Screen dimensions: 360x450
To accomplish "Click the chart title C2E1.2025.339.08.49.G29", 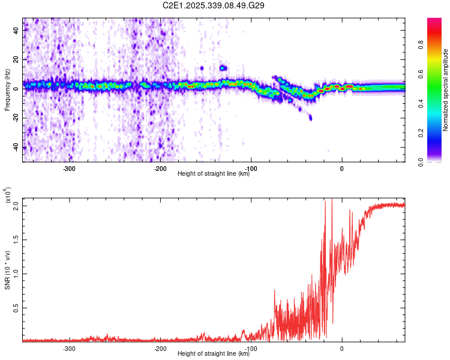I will pyautogui.click(x=214, y=5).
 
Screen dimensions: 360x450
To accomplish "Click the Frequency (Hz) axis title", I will pyautogui.click(x=7, y=90).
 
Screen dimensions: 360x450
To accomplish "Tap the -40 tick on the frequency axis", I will pyautogui.click(x=16, y=148).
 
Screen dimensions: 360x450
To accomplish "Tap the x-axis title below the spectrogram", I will pyautogui.click(x=214, y=174).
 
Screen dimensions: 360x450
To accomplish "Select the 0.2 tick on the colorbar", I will pyautogui.click(x=437, y=133).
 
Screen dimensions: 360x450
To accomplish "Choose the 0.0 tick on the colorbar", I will pyautogui.click(x=437, y=161).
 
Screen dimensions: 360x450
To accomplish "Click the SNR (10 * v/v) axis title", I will pyautogui.click(x=7, y=270).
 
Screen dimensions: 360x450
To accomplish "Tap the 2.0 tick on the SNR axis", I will pyautogui.click(x=16, y=206).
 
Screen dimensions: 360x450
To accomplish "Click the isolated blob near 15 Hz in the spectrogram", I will pyautogui.click(x=223, y=68).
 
